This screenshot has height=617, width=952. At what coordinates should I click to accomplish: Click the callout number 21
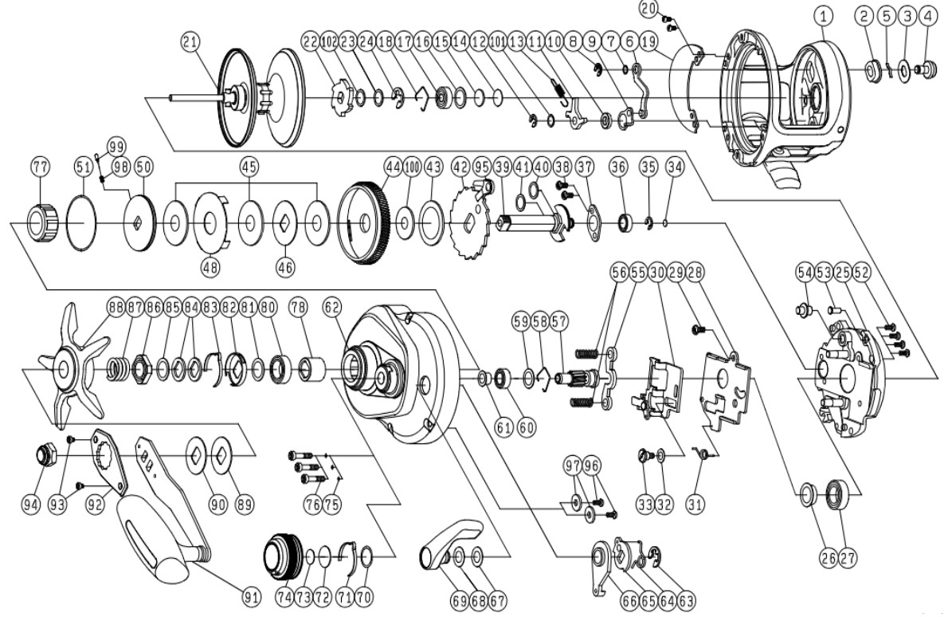[x=190, y=42]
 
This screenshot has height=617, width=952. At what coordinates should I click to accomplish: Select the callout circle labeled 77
[x=41, y=167]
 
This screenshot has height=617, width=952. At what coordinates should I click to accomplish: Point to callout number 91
[x=251, y=598]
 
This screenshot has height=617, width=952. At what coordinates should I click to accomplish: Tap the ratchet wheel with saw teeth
[x=470, y=222]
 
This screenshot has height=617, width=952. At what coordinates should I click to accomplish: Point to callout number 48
[x=210, y=268]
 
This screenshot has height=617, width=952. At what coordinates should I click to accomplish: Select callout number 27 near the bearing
[x=847, y=557]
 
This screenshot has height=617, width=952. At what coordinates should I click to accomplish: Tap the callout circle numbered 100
[x=412, y=167]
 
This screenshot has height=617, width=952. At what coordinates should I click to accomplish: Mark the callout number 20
[x=648, y=9]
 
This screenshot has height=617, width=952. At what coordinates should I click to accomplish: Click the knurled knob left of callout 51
[x=43, y=222]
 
